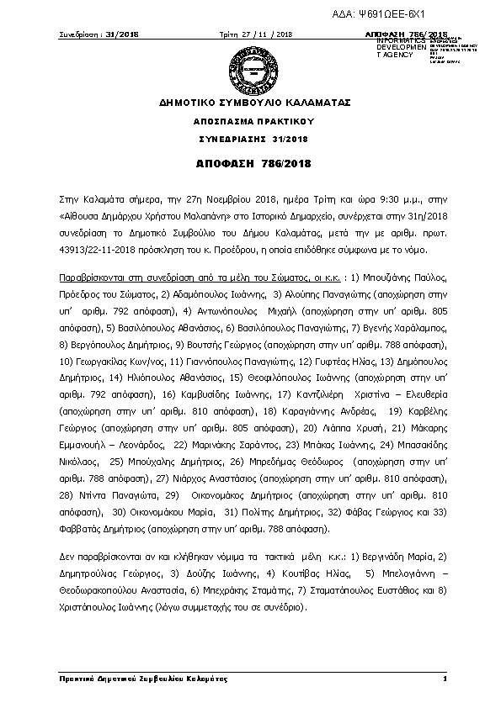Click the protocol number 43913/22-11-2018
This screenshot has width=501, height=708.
[x=94, y=251]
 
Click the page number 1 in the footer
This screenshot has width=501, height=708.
[x=443, y=679]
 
